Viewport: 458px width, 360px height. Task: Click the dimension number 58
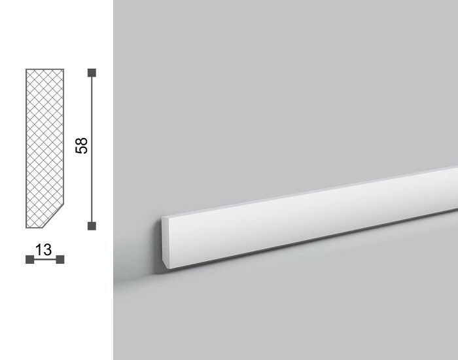click(x=82, y=145)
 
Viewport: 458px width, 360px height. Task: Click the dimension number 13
click(x=44, y=250)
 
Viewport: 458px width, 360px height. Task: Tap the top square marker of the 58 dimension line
click(x=92, y=73)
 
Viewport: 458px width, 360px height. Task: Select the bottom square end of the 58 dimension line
click(x=92, y=226)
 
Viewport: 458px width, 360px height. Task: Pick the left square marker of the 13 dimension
click(x=30, y=259)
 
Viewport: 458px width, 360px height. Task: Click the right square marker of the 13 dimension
click(x=60, y=259)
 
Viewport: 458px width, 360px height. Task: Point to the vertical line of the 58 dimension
click(x=92, y=149)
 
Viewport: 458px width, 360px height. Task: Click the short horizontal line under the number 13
click(x=45, y=259)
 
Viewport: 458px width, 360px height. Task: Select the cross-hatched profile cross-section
click(x=44, y=149)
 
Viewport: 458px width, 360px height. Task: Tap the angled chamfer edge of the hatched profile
click(x=54, y=217)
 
